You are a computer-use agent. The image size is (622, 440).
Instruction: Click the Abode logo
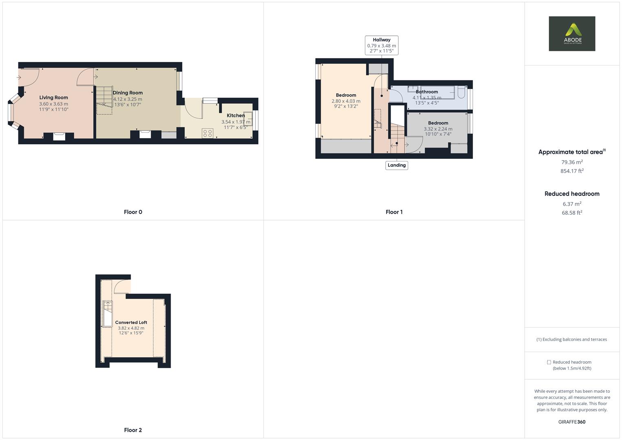point(571,33)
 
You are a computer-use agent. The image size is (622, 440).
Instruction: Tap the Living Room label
point(53,97)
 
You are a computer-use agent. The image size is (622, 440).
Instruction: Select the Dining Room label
point(127,93)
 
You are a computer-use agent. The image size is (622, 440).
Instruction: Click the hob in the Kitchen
point(208,133)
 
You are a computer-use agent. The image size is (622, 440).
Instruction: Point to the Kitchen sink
point(248,119)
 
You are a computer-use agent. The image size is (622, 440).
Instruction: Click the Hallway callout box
point(381,45)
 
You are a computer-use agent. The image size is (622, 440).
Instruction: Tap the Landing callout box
point(396,165)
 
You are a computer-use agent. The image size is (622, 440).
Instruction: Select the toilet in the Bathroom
point(462,92)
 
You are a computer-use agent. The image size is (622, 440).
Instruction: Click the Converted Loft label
point(131,322)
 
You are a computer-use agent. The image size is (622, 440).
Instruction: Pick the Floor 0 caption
point(133,212)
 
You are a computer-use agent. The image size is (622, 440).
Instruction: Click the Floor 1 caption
point(394,212)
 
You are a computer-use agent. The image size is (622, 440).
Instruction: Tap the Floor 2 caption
point(133,430)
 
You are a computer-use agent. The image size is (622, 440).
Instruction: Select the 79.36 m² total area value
point(571,162)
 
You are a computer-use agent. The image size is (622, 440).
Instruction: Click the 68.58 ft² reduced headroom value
point(571,213)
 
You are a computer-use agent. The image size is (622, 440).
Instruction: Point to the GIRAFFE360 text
point(571,422)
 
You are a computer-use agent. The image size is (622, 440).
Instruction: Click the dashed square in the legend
point(549,362)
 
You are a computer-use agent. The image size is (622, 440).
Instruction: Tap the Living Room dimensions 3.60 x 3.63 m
point(53,104)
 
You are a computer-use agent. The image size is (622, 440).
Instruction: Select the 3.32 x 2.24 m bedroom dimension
point(438,129)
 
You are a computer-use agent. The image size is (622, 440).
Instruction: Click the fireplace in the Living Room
point(59,136)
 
